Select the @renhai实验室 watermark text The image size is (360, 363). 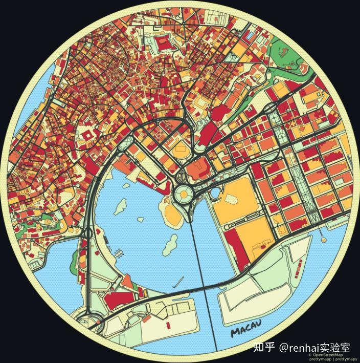click(314, 348)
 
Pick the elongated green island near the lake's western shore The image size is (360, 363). click(121, 207)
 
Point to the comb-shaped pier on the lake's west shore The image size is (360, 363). click(118, 252)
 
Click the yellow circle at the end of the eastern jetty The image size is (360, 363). click(323, 239)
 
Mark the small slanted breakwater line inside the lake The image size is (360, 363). click(178, 282)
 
